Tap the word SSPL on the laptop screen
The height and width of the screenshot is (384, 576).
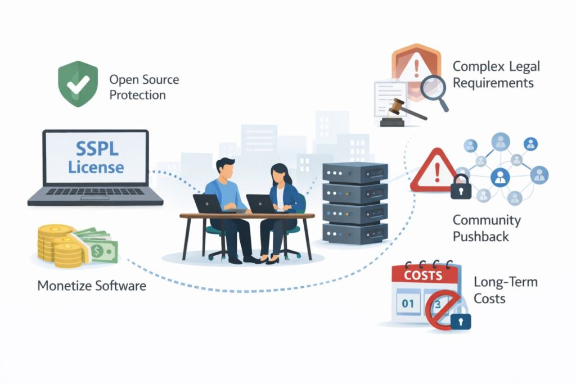tap(96, 149)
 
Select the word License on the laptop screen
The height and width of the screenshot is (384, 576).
tap(96, 166)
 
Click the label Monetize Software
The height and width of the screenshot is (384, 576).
tap(92, 286)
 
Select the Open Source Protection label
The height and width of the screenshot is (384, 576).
tap(144, 87)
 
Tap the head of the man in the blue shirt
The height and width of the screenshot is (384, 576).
tap(225, 168)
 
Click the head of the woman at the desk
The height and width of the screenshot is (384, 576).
tap(280, 174)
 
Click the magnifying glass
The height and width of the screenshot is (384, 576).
tap(433, 91)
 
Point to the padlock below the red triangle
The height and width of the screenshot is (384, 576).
tap(460, 187)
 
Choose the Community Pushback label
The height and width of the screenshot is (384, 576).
tap(487, 228)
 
